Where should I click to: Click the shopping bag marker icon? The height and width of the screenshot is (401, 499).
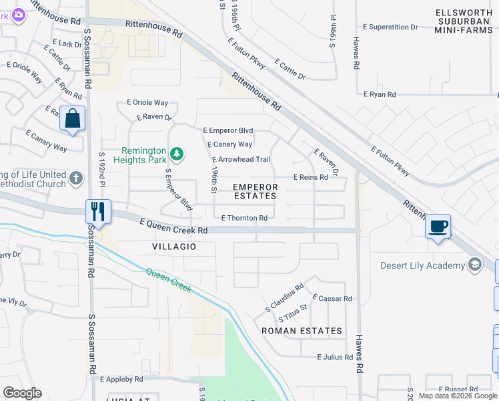72,119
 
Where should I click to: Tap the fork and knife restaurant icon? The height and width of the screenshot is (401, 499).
98,212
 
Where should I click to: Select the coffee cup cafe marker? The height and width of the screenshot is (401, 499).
438,227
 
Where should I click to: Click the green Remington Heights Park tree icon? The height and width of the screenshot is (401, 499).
177,155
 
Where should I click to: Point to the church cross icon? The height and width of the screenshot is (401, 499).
76,178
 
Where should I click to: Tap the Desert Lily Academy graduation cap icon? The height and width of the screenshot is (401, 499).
475,265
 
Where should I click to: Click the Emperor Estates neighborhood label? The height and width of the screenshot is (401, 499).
255,191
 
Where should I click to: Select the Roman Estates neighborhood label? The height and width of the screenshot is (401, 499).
302,331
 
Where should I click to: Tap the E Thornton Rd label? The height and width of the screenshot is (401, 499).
244,218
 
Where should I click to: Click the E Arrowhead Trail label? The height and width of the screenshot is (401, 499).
241,160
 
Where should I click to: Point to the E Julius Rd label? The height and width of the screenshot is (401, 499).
335,357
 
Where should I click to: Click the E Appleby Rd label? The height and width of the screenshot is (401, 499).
121,379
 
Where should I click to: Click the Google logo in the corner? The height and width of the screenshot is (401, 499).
22,393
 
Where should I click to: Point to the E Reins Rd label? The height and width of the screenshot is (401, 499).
311,177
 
